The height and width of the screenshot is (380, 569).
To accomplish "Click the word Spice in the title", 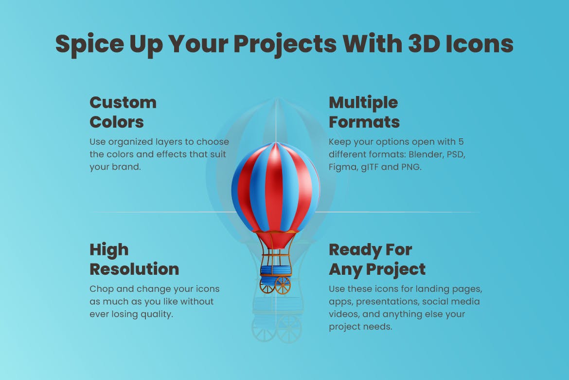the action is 89,44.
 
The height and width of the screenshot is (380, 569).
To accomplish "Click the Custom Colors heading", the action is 123,113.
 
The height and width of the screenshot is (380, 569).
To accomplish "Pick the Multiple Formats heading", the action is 364,113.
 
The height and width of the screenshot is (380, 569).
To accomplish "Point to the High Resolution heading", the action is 134,260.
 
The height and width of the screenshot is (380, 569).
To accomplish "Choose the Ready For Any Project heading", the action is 377,260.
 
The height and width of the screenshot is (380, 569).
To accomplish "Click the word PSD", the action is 456,154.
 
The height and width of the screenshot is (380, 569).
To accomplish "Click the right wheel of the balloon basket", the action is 283,285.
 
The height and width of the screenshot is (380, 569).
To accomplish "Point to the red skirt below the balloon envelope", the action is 276,240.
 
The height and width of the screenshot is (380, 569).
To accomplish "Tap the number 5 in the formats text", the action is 461,141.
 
